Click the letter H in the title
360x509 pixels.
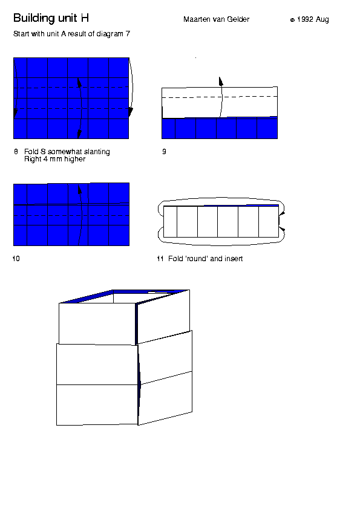(x=85, y=18)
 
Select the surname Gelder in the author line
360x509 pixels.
(x=238, y=19)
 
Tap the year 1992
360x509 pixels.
(x=305, y=19)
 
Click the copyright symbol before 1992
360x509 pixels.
(x=292, y=20)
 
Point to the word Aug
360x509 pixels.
(x=322, y=20)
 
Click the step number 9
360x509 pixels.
(x=164, y=152)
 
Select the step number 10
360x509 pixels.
(x=16, y=259)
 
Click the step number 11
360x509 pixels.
(x=160, y=259)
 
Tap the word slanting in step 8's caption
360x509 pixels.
(x=97, y=152)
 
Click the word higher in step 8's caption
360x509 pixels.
(x=75, y=159)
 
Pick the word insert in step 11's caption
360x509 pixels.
(x=234, y=259)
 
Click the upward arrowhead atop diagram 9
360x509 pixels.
(x=221, y=81)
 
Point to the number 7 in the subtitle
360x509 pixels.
(x=128, y=34)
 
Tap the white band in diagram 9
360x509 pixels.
(x=220, y=103)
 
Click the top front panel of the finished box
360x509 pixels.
(x=97, y=323)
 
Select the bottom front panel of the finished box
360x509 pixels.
(x=97, y=405)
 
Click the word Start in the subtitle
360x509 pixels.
(x=21, y=34)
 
